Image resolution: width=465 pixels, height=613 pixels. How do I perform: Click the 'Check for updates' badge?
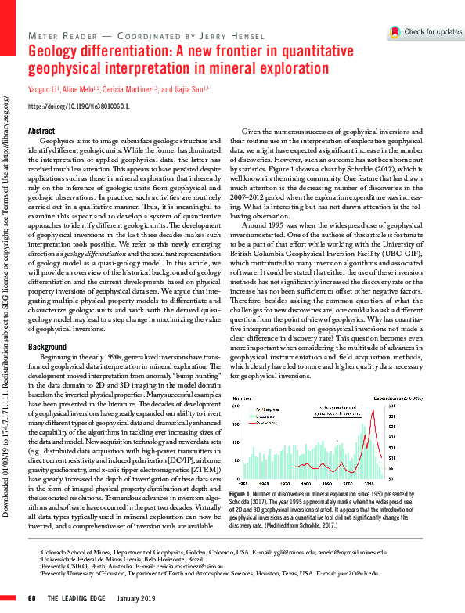coord(426,32)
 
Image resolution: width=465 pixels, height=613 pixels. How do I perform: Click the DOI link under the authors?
coord(78,105)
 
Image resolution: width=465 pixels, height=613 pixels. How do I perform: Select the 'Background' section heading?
coord(46,346)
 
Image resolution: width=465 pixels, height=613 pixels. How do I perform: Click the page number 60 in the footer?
coord(32,599)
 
